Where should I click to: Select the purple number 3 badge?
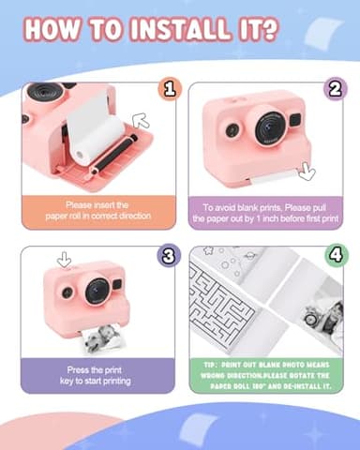pyautogui.click(x=170, y=256)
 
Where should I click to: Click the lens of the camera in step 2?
pyautogui.click(x=268, y=128)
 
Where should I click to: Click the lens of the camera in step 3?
pyautogui.click(x=97, y=292)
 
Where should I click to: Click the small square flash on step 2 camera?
pyautogui.click(x=294, y=120)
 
